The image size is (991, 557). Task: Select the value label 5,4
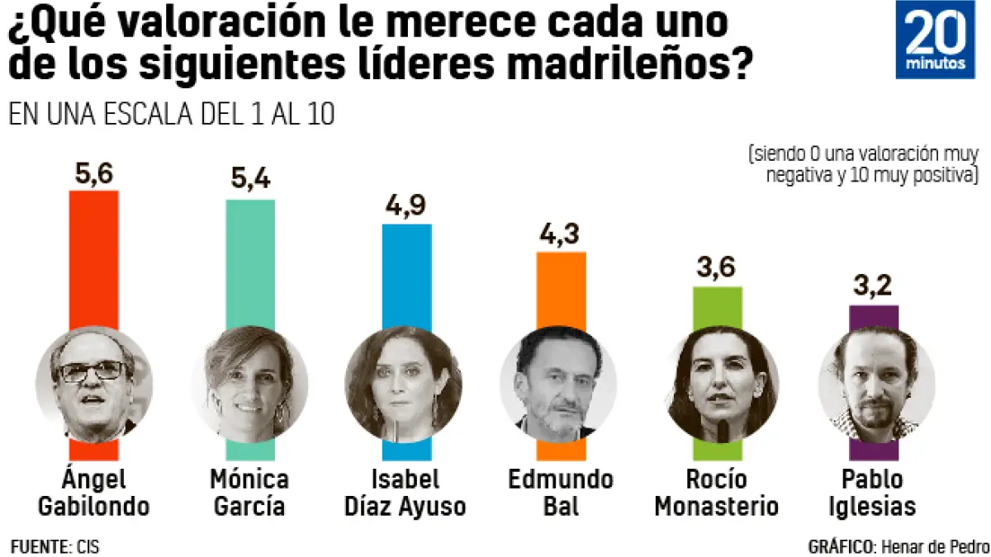250,181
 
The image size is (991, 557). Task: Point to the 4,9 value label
405,205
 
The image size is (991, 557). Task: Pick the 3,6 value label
716,268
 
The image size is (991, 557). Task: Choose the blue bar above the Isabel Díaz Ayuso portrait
405,276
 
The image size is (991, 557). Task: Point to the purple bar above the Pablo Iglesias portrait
874,318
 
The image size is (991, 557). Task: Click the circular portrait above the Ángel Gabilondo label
93,385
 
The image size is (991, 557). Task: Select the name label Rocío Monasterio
717,493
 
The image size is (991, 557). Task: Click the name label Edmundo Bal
562,493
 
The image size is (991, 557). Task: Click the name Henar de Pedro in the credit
934,547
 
